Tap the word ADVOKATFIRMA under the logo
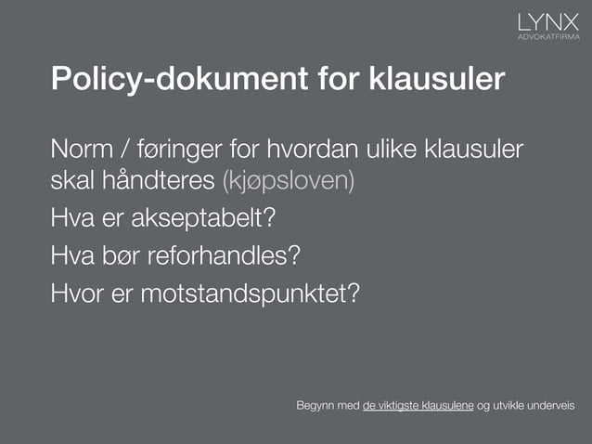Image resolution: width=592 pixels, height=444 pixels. click(547, 38)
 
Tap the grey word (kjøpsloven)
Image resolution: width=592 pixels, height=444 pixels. click(289, 179)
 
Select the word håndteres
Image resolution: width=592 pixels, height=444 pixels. click(157, 179)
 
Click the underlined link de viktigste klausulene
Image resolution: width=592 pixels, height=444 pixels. click(418, 407)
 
